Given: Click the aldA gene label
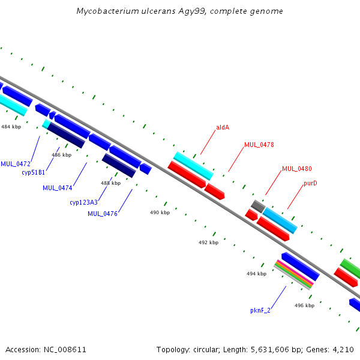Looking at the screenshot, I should [x=223, y=127].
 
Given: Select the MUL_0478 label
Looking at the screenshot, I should [x=259, y=145].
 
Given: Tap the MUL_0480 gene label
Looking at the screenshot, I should [x=296, y=169].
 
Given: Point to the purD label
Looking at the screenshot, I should [x=310, y=183].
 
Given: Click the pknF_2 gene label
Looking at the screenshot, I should [x=260, y=311].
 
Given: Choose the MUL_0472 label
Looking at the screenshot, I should [x=15, y=164].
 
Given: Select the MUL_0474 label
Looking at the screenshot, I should [x=57, y=188].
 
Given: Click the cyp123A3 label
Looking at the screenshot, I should [x=83, y=202].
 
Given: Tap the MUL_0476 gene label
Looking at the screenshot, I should [x=102, y=214].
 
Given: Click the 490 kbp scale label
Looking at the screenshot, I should [x=160, y=213].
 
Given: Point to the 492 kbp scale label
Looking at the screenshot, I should [x=208, y=243].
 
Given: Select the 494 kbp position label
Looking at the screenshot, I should [x=256, y=274].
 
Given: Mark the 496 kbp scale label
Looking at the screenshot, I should [x=304, y=305].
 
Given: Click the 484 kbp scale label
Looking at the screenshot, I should [x=11, y=127].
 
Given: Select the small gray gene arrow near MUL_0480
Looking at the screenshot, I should [x=258, y=205].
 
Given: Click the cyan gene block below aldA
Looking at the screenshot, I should [x=193, y=166].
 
